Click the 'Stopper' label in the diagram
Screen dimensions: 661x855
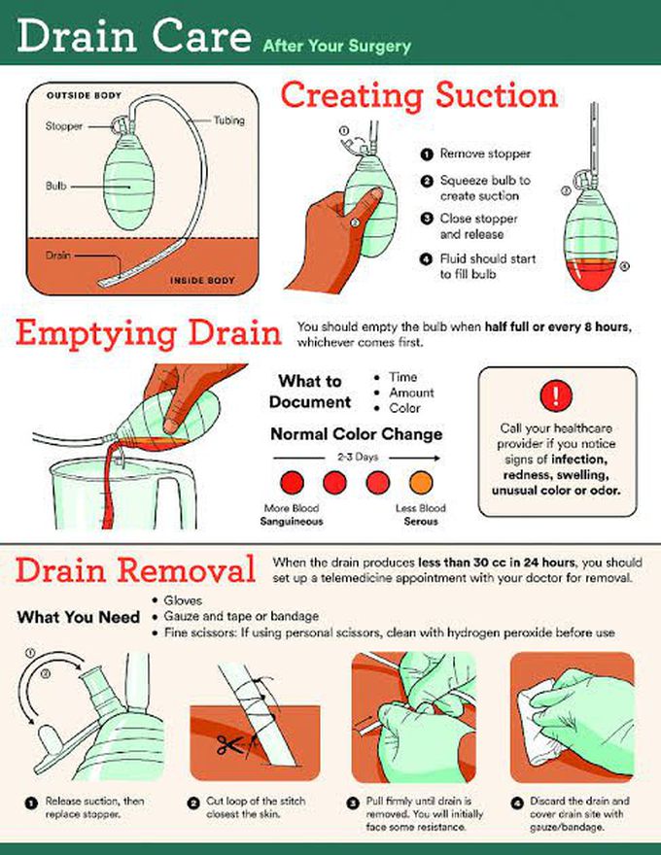click(64, 126)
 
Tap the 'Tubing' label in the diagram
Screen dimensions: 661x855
click(229, 120)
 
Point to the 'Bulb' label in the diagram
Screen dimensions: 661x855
click(55, 186)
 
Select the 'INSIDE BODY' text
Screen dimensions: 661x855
click(202, 280)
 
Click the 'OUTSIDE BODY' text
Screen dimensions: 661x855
click(84, 95)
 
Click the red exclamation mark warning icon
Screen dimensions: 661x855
click(556, 394)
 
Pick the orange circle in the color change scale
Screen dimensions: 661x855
click(421, 483)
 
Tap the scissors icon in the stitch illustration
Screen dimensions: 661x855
click(229, 744)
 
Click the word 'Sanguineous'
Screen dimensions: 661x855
click(292, 522)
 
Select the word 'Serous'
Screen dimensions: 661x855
click(421, 522)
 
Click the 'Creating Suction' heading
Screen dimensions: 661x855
click(419, 95)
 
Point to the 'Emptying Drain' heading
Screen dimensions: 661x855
click(149, 333)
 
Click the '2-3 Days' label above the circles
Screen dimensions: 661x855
click(358, 457)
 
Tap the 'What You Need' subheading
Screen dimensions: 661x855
click(79, 617)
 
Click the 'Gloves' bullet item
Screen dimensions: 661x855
click(183, 600)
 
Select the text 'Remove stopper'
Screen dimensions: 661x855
click(485, 154)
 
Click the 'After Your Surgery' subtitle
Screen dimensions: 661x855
click(336, 46)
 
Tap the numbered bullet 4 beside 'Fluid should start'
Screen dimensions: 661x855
click(426, 259)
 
